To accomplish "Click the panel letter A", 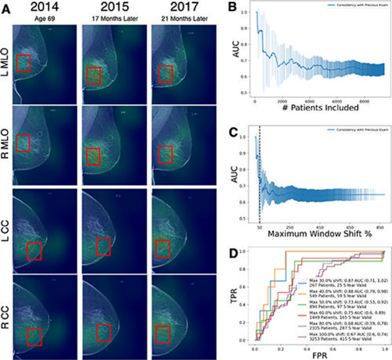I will (7, 9).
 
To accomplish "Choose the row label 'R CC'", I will (5, 314).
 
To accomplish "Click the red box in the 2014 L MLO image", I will (24, 64).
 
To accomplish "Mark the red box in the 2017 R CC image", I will (162, 336).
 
